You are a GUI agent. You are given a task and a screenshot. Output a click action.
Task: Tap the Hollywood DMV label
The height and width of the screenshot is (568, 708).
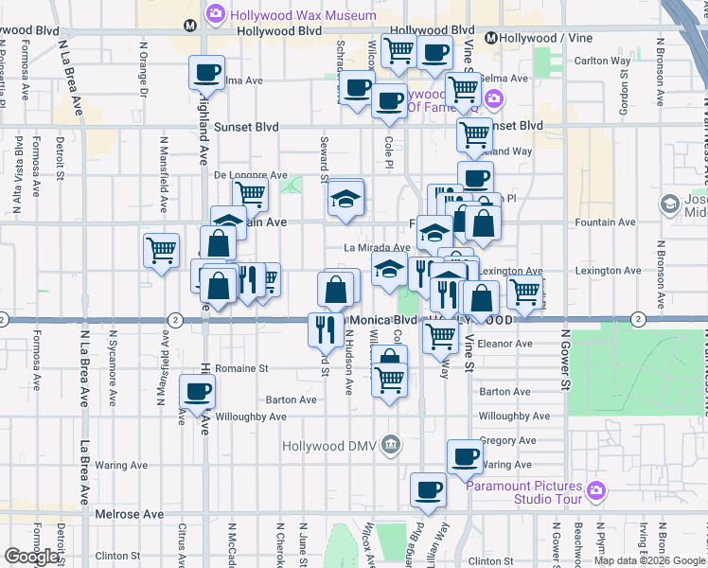(x=330, y=445)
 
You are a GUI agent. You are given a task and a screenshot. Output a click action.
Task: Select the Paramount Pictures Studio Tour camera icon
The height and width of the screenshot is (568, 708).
(x=595, y=489)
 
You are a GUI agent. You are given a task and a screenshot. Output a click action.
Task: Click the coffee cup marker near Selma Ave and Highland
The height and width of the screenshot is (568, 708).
(x=207, y=71)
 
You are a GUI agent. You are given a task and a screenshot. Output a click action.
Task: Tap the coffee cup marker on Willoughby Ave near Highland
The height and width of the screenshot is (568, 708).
(x=198, y=391)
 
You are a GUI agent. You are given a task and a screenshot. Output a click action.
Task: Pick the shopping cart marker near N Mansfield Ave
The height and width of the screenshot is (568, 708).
(x=162, y=250)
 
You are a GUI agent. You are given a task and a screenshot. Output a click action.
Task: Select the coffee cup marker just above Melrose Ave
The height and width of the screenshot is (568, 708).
(x=428, y=489)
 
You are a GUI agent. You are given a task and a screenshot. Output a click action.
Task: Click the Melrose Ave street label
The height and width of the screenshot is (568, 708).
(x=130, y=514)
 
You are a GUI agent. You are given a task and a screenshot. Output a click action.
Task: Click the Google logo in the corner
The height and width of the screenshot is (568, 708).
(x=31, y=557)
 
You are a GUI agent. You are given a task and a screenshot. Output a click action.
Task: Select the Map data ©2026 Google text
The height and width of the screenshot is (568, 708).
(x=649, y=560)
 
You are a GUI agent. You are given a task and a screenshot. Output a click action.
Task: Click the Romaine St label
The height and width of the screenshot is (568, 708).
(x=243, y=367)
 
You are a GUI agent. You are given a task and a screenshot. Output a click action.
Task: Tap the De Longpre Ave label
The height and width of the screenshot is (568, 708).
(x=250, y=175)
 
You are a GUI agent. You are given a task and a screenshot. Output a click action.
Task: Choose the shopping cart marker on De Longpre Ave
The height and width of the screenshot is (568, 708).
(x=250, y=193)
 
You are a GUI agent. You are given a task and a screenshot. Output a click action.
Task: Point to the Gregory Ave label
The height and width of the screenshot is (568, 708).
(x=508, y=440)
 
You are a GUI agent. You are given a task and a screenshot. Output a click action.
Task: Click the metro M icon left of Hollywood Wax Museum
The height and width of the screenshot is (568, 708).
(x=191, y=26)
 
